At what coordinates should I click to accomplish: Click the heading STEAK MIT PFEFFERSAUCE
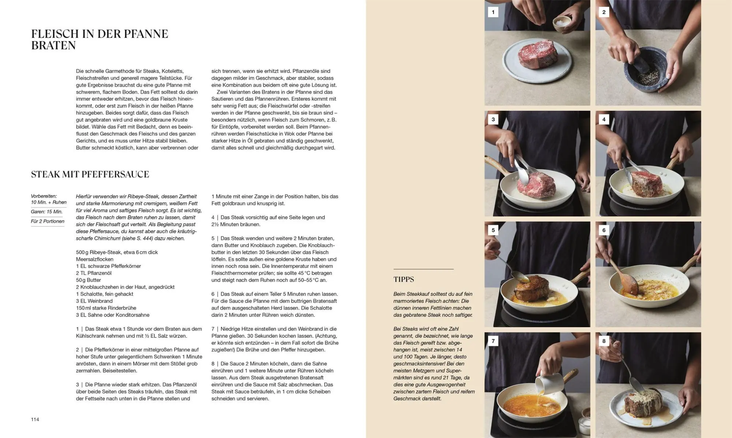[90, 175]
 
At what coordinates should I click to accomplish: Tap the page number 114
[35, 419]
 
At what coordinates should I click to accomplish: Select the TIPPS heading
[404, 280]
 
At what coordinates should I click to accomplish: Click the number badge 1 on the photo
[493, 12]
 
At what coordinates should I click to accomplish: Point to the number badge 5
[493, 230]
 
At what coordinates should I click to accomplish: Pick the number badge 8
[604, 341]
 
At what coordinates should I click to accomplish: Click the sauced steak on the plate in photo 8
[643, 406]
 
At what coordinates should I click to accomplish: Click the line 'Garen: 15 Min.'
[47, 211]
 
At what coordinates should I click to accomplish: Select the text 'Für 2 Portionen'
[48, 221]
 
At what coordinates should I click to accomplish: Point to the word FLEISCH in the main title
[55, 34]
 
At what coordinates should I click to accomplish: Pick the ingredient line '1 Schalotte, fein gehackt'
[105, 294]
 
